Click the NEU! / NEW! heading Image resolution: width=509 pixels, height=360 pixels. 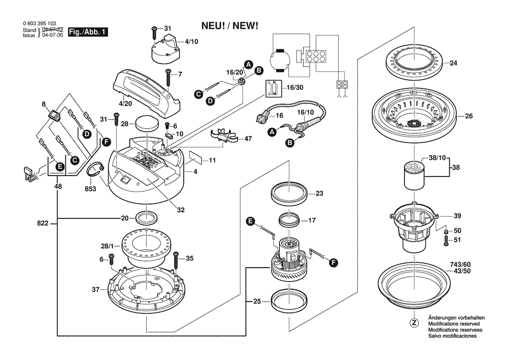coord(230,26)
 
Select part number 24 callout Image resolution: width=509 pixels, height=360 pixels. coord(453,63)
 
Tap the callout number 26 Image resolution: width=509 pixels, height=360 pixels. coord(469,116)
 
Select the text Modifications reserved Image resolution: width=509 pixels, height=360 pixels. coord(454,324)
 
